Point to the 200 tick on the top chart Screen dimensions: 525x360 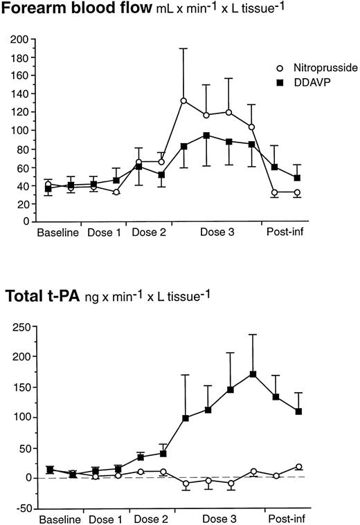click(x=19, y=39)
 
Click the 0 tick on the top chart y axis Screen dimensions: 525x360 click(x=23, y=221)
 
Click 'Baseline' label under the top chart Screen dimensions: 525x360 click(x=58, y=232)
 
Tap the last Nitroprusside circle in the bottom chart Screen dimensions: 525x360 click(x=298, y=467)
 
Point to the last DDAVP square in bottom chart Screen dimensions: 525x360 click(x=298, y=411)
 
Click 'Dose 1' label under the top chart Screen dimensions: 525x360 click(x=105, y=232)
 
